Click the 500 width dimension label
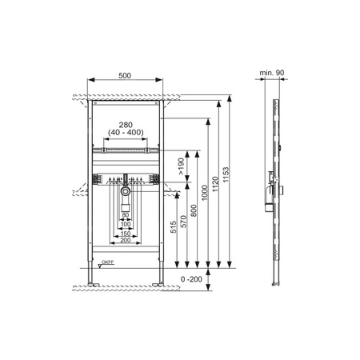(125, 76)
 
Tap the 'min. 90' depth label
(272, 73)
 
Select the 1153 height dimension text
(226, 174)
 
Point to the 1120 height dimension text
(215, 184)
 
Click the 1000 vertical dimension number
(205, 193)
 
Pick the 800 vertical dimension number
(194, 210)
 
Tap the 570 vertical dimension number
(184, 222)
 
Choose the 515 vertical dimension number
(174, 227)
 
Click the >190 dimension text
(181, 166)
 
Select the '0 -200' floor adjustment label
(191, 279)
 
